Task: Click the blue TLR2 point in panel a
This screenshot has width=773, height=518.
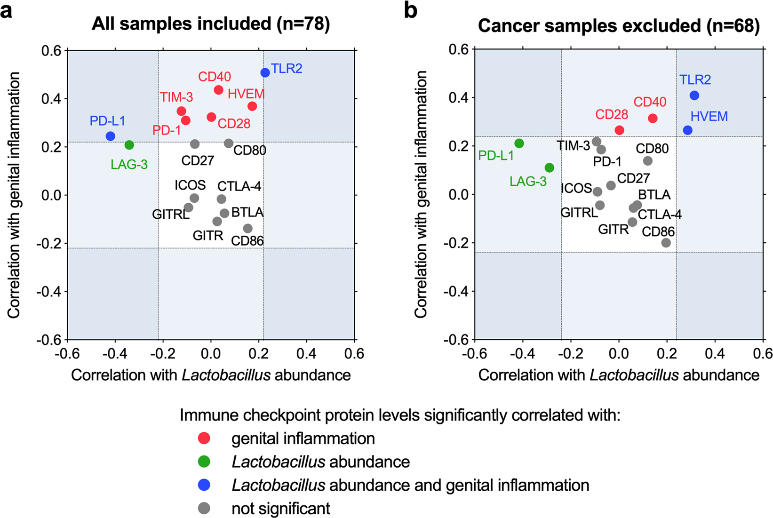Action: point(265,72)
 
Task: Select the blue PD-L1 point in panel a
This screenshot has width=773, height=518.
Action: point(111,136)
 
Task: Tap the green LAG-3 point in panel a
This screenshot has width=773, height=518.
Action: point(129,145)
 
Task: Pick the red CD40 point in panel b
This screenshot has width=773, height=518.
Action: point(653,119)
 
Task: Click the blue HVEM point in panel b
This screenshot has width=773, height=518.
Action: point(688,130)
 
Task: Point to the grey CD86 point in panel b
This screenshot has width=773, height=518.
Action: point(666,243)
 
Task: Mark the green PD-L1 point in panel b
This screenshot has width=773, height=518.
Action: point(519,143)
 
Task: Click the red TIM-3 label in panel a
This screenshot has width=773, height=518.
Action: point(176,97)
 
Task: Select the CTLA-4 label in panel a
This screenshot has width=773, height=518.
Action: point(239,186)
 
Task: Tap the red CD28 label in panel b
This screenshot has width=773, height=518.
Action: point(612,114)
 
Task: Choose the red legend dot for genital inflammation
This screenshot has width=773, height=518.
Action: point(204,438)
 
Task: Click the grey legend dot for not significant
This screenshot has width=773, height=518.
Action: point(204,508)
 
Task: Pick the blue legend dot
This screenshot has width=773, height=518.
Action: point(204,485)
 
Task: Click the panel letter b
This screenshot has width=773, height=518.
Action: point(411,10)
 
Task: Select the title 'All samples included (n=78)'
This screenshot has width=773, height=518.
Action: point(211,24)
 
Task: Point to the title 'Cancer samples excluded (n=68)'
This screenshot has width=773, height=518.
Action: point(619,26)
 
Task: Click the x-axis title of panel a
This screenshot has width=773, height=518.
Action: point(211,375)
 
